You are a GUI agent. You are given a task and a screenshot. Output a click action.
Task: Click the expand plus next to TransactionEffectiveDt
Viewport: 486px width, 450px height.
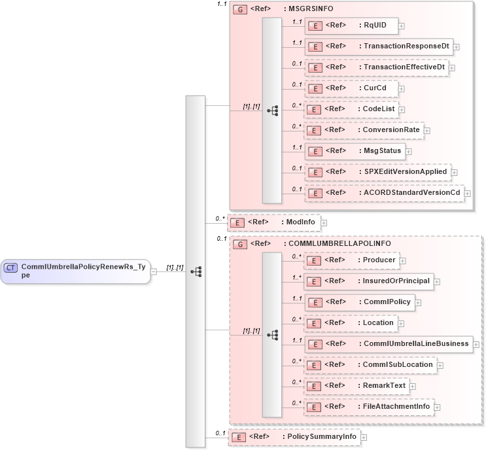click(x=452, y=67)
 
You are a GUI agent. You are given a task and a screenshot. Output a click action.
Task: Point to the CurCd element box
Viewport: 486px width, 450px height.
click(x=351, y=88)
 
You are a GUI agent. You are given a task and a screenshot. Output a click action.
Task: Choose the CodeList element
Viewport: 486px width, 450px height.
click(x=353, y=109)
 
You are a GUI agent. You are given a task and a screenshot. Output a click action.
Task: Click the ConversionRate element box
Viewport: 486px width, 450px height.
click(x=364, y=130)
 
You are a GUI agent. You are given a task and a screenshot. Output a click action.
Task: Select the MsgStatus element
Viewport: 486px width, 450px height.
click(x=355, y=151)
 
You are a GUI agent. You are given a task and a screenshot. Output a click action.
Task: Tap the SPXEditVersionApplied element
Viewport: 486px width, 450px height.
click(x=377, y=172)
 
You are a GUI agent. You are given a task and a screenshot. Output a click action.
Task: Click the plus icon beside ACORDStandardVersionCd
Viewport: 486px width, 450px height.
click(x=467, y=193)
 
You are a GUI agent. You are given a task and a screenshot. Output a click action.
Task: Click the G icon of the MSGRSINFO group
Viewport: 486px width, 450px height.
click(x=240, y=10)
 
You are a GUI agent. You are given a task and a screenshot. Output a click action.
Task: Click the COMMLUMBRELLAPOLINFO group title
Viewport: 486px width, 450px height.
click(x=339, y=243)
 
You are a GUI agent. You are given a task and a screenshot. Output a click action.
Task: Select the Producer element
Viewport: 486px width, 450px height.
click(x=353, y=260)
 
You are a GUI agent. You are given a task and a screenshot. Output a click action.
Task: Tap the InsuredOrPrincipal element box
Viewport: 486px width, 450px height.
click(x=369, y=281)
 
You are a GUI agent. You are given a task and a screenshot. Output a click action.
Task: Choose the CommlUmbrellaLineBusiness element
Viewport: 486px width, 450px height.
click(x=389, y=343)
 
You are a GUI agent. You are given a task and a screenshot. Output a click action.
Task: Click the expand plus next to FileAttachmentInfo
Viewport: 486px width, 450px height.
click(x=437, y=407)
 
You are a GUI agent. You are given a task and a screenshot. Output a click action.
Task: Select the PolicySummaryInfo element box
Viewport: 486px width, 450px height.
click(x=294, y=436)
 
